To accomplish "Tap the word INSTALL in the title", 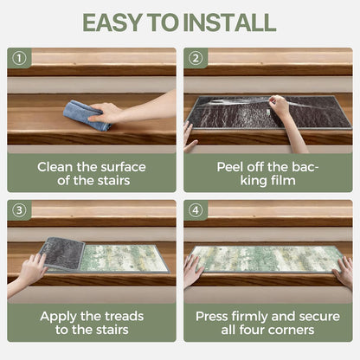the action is click(229, 22).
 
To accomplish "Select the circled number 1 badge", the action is click(19, 58).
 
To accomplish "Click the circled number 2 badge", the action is click(196, 58).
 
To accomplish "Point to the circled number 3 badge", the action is click(19, 210).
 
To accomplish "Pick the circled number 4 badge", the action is click(196, 210).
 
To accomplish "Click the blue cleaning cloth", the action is click(86, 115).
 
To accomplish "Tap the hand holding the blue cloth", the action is click(106, 112).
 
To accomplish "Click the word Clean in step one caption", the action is click(55, 167).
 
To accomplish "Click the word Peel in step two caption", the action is click(229, 167).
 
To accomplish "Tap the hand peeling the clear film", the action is click(280, 106).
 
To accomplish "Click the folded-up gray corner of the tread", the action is click(62, 254).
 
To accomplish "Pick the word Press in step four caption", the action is click(212, 317).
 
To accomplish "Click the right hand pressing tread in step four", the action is click(344, 270).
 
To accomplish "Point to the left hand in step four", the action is click(193, 270).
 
